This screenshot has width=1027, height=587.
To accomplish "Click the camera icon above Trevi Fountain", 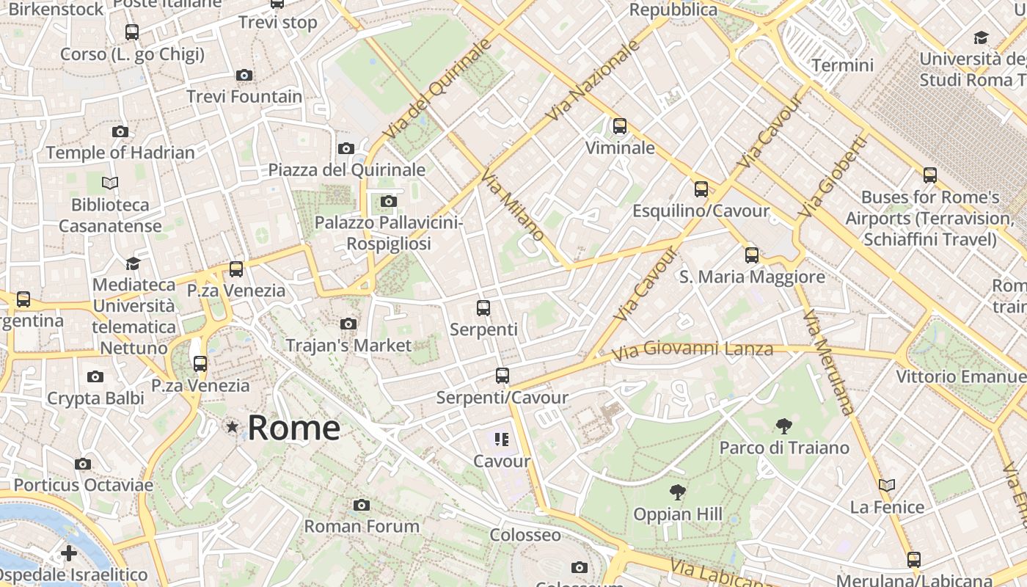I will [x=244, y=75].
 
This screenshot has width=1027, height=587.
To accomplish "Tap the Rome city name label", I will [x=293, y=428].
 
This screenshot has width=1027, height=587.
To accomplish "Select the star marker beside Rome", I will [x=233, y=426].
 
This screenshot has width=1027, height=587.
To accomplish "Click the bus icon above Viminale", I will [x=620, y=126].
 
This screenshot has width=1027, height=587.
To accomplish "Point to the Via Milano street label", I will [x=513, y=204].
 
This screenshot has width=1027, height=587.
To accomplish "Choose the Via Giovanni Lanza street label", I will [x=692, y=350].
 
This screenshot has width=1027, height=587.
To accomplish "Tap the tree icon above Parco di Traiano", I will [x=783, y=426].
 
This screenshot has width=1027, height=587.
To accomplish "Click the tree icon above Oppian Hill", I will [x=678, y=492].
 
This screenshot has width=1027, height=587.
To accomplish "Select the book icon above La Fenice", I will [x=887, y=485].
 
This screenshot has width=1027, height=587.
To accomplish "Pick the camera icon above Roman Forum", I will [x=362, y=505].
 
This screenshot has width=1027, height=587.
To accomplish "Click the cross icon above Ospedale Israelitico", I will [x=69, y=553].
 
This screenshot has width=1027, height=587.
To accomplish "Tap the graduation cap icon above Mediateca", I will [x=133, y=263].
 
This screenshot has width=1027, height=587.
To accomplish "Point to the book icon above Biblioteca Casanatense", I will [x=110, y=183].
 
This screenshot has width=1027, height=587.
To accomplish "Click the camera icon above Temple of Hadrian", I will [x=120, y=132].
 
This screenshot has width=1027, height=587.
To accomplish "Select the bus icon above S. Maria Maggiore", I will [x=752, y=255].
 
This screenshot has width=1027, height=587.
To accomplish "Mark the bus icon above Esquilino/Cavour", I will [x=701, y=189].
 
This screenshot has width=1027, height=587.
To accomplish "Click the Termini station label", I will [x=843, y=65].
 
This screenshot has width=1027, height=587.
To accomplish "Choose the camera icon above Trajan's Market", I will [x=348, y=324].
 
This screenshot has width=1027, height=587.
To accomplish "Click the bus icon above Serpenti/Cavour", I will [x=502, y=376].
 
